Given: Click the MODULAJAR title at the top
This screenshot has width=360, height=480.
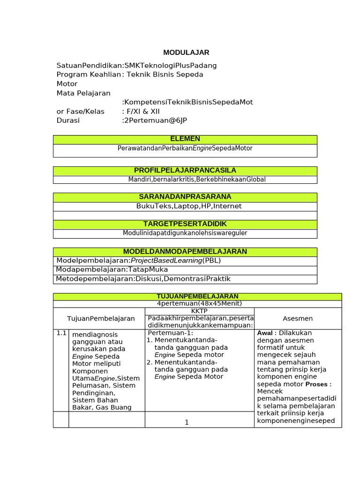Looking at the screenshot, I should [186, 52].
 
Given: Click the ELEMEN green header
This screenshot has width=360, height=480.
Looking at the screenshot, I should [185, 139].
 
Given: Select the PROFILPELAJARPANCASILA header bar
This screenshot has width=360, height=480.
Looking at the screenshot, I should [185, 170].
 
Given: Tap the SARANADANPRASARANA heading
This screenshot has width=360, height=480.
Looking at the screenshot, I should [185, 197].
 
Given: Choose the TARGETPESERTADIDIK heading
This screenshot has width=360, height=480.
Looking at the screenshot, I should [185, 224].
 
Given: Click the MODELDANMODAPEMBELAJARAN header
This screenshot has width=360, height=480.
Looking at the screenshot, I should [185, 252].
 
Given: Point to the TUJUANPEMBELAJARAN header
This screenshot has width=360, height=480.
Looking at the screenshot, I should [197, 296].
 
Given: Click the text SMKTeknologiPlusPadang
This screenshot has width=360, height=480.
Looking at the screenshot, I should [170, 66].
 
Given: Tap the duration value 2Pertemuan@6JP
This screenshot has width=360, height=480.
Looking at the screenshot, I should [155, 120].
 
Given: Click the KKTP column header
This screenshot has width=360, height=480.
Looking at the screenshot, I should [199, 311].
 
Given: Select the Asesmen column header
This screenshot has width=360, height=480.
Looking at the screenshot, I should [298, 319].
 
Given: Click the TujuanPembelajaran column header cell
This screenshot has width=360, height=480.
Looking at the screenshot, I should [101, 319].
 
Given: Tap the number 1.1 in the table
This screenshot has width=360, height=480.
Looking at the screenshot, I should [61, 333].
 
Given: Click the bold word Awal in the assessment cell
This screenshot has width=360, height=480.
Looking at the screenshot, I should [265, 333].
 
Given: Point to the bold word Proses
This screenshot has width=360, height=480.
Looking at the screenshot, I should [318, 384].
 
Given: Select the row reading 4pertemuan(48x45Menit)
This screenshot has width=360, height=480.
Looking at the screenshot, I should [197, 304].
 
